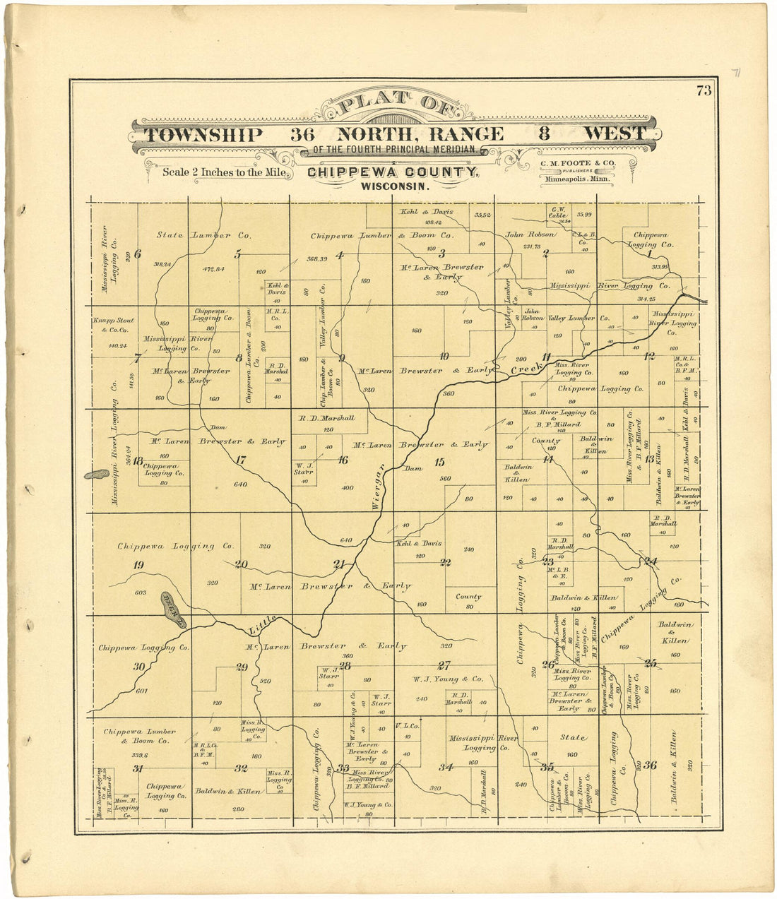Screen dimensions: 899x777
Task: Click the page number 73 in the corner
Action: (704, 90)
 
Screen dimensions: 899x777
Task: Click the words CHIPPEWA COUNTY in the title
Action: (393, 172)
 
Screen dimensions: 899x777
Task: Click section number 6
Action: (138, 254)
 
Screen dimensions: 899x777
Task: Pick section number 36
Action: (650, 765)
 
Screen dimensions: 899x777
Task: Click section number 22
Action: (445, 563)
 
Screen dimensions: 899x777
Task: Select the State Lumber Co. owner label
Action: (204, 235)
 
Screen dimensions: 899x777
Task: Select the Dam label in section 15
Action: (413, 468)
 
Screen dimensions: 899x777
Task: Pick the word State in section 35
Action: (573, 737)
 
